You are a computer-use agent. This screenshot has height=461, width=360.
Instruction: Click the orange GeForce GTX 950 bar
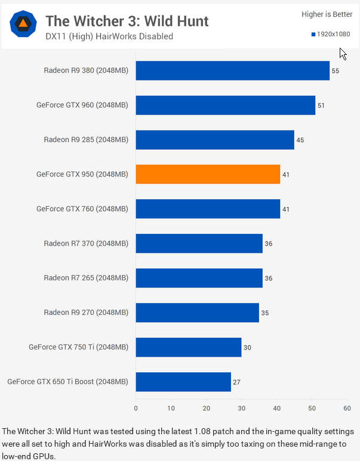[208, 174]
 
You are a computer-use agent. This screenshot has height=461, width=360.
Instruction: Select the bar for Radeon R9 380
[233, 70]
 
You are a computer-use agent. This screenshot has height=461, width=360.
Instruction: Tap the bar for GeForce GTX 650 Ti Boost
[183, 382]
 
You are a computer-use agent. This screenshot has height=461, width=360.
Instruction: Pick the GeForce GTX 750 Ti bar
[189, 347]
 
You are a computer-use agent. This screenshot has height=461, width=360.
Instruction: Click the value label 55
[336, 71]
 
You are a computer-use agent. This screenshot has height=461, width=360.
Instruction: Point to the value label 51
[321, 106]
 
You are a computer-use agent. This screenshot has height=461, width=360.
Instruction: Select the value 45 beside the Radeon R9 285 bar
[300, 140]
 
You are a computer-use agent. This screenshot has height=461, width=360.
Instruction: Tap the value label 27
[236, 382]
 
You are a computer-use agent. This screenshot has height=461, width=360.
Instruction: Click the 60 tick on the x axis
[347, 409]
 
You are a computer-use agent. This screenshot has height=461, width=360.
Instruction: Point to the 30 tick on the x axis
[241, 409]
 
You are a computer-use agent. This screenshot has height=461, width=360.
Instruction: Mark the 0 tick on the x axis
[136, 409]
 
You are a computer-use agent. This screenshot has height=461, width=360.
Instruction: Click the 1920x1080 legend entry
[331, 35]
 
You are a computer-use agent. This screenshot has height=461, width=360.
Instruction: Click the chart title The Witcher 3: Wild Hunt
[127, 21]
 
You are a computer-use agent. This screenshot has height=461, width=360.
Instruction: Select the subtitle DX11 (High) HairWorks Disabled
[109, 36]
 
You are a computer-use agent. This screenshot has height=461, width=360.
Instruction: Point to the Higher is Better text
[328, 14]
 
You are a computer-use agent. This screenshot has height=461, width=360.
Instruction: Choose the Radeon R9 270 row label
[86, 313]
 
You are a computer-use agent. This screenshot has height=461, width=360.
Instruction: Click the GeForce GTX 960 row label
[82, 106]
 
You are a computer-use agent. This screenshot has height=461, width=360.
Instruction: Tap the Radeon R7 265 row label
[86, 278]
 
